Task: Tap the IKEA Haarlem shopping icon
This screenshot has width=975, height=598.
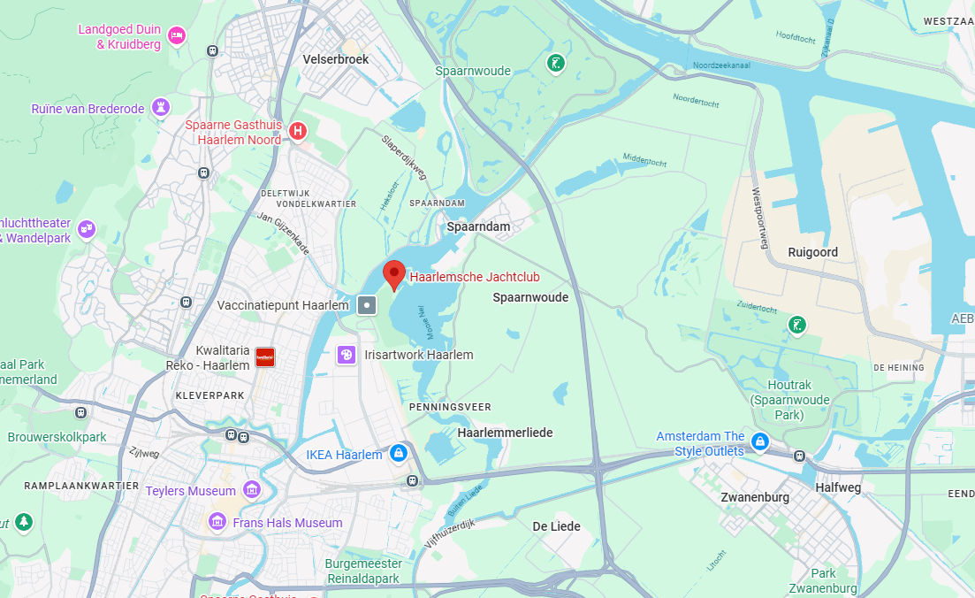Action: pyautogui.click(x=399, y=454)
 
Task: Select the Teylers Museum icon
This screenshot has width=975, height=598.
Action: pyautogui.click(x=253, y=490)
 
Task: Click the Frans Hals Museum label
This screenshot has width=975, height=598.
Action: pyautogui.click(x=287, y=523)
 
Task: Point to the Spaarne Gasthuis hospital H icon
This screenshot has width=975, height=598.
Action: pyautogui.click(x=299, y=132)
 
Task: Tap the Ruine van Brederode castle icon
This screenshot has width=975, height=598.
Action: pyautogui.click(x=161, y=108)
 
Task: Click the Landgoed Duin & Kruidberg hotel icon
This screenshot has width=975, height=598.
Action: pyautogui.click(x=177, y=35)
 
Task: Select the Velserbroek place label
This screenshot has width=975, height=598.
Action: pyautogui.click(x=336, y=59)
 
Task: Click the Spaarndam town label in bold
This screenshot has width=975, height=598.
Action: pyautogui.click(x=478, y=226)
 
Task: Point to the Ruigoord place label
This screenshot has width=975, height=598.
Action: pyautogui.click(x=812, y=252)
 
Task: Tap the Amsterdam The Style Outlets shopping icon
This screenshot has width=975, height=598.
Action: pyautogui.click(x=759, y=441)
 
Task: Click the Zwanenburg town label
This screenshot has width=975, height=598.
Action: pyautogui.click(x=755, y=497)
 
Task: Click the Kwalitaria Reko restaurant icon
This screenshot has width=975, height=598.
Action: pyautogui.click(x=264, y=357)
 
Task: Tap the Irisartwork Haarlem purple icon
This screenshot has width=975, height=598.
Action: pyautogui.click(x=347, y=355)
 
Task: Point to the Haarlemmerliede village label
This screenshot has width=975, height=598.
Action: pyautogui.click(x=505, y=433)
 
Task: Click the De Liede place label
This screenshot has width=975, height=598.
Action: pyautogui.click(x=557, y=526)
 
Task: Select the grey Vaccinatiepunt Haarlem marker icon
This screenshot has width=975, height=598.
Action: pyautogui.click(x=368, y=305)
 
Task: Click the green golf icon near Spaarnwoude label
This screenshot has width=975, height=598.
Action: pyautogui.click(x=554, y=64)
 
